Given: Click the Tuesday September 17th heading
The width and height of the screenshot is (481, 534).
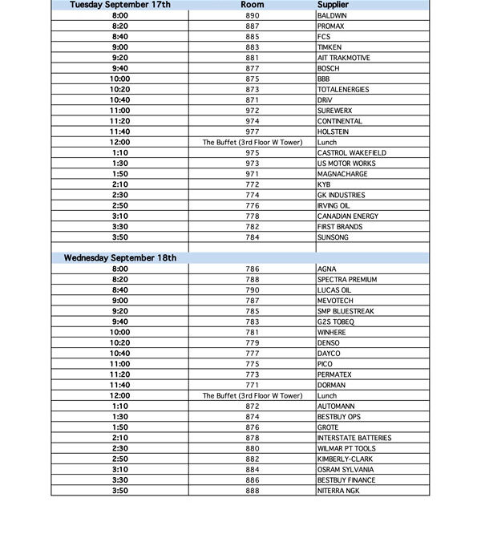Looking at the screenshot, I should pos(120,5).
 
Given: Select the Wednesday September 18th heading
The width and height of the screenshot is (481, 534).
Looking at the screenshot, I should pos(120,258).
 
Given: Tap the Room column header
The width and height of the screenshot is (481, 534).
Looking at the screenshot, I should pos(253,5).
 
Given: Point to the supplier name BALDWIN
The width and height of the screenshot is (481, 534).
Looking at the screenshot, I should pos(333,16).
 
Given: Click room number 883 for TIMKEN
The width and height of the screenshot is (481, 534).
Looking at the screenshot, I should pos(253,47).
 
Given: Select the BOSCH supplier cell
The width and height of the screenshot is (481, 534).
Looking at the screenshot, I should pos(329,69).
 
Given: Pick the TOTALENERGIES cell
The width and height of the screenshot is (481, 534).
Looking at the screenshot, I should pos(343,90).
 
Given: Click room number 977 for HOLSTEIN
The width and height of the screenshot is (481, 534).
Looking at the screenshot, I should pos(253,132).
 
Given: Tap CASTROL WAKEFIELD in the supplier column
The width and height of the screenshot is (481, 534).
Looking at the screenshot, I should pos(351,153).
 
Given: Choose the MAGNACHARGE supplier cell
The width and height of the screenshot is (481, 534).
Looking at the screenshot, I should pos(342,174).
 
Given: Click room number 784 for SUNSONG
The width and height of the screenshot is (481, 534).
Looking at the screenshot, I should pos(253,237).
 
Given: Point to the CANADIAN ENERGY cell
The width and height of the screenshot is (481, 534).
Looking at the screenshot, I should pos(348,216).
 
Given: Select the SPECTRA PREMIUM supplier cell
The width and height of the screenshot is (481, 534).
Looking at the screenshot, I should pos(347,280).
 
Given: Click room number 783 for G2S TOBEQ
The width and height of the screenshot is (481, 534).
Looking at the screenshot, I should pos(253,322).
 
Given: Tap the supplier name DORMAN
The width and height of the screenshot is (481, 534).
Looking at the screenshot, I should pos(332,385).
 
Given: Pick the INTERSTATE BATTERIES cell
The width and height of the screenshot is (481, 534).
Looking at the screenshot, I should pos(354,438).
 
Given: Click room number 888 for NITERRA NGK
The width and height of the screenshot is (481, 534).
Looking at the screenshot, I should pos(253,491).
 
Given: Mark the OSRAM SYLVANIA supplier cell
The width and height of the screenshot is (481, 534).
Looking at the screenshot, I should pos(346,470).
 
